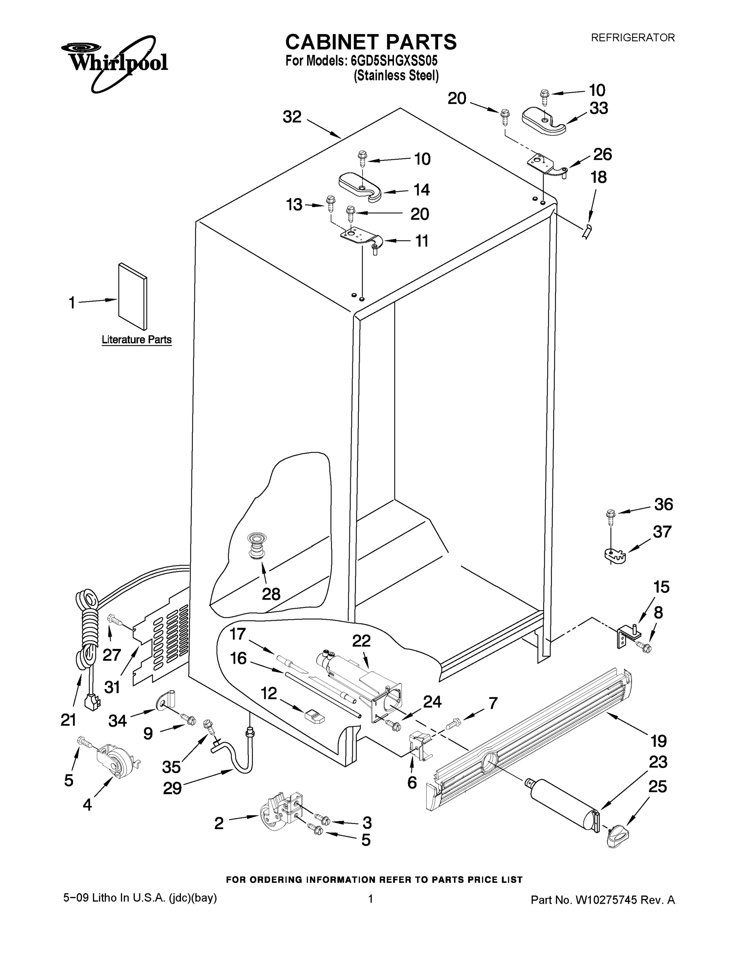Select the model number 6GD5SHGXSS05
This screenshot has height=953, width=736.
pos(394,60)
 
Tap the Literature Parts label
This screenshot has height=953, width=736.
pos(136,340)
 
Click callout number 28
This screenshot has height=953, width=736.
pos(271,594)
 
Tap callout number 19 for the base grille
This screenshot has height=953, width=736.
pos(658,741)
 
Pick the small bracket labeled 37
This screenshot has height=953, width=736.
pos(615,555)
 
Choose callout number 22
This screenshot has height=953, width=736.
pos(361,640)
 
